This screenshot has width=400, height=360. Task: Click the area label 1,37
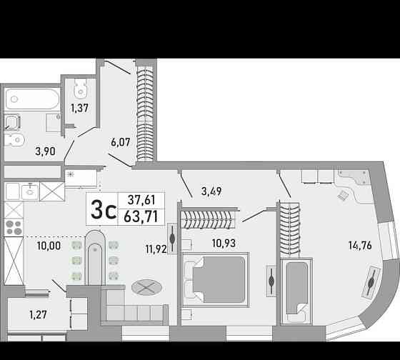(79, 108)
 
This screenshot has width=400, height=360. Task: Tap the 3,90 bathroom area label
(45, 151)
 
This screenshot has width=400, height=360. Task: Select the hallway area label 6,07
(121, 142)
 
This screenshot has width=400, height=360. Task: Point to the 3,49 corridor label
(211, 191)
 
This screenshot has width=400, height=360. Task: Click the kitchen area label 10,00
(49, 246)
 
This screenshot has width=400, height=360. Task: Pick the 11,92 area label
(156, 249)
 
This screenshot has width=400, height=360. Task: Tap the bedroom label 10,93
(224, 243)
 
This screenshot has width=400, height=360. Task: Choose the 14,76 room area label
(360, 246)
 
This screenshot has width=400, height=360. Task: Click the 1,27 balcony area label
(38, 314)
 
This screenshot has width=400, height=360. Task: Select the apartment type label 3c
(104, 209)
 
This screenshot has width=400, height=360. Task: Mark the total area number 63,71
(141, 217)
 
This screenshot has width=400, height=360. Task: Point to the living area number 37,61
(141, 200)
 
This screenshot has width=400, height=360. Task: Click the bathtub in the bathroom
(32, 99)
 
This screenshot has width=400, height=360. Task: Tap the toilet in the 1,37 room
(81, 89)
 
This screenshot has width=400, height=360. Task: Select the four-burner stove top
(14, 228)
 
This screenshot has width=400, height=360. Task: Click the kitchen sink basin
(30, 192)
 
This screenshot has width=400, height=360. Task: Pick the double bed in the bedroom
(216, 279)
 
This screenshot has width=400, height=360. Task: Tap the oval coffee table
(146, 288)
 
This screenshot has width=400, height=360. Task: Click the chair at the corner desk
(342, 196)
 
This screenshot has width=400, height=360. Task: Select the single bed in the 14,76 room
(296, 291)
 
